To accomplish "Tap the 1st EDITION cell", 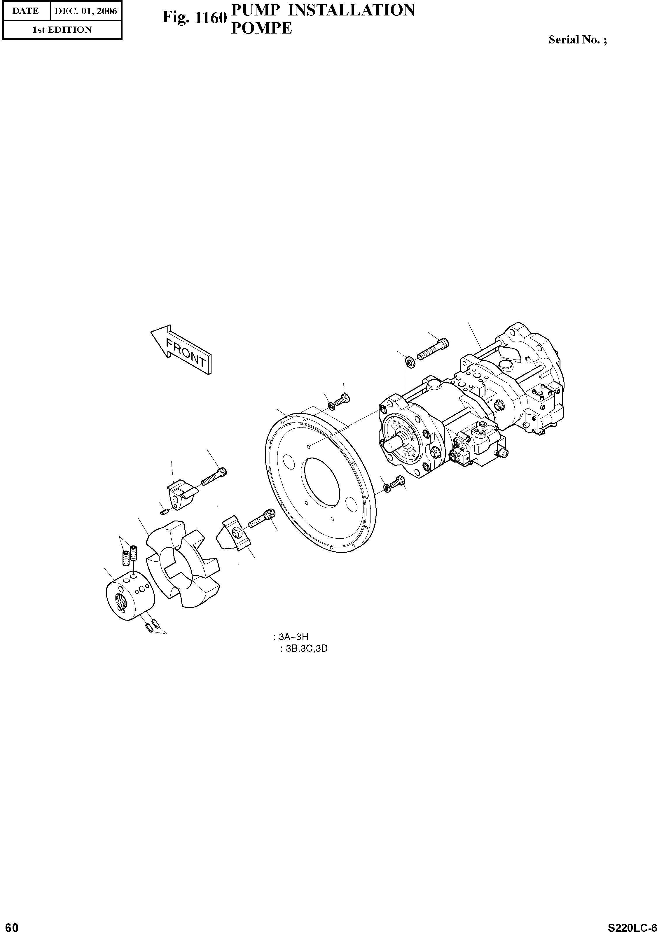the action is point(62,30).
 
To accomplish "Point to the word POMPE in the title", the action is point(261,28).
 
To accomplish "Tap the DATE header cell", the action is point(26,11).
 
